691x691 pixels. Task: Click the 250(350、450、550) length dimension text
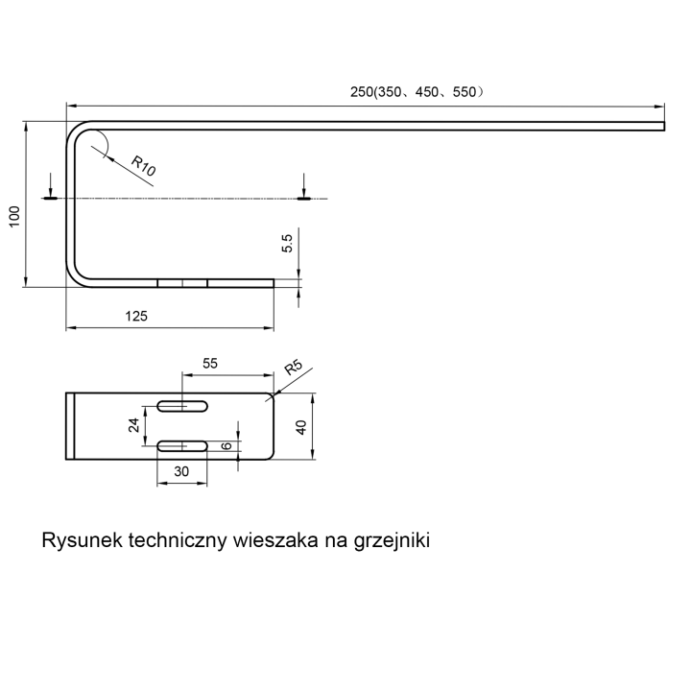[x=417, y=92]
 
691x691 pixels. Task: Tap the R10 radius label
[x=144, y=166]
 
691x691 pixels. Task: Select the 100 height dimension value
[x=14, y=216]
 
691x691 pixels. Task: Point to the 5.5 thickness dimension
[x=287, y=243]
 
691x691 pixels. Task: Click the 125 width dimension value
[x=136, y=316]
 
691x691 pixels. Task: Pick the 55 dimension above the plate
[x=210, y=363]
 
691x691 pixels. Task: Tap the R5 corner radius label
[x=293, y=367]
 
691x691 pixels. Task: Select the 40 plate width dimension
[x=301, y=427]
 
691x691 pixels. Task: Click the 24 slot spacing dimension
[x=133, y=425]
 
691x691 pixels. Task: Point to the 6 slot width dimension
[x=226, y=445]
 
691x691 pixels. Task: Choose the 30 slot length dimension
[x=181, y=471]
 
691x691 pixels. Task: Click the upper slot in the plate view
[x=182, y=406]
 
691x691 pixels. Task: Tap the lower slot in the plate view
[x=182, y=446]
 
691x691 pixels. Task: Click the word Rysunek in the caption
[x=82, y=539]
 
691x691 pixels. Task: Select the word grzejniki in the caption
[x=392, y=540]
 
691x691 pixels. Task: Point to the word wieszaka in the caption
[x=275, y=539]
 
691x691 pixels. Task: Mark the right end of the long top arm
[x=664, y=126]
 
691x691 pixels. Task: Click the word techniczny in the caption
[x=178, y=540]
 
